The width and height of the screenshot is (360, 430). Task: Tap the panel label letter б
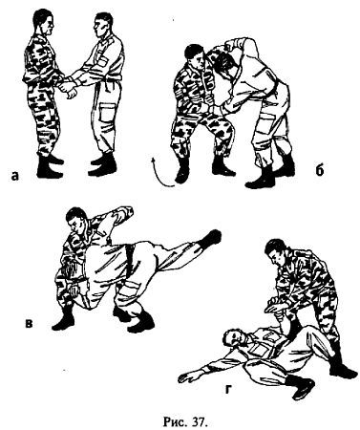click(x=320, y=170)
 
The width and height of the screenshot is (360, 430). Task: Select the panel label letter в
click(x=29, y=323)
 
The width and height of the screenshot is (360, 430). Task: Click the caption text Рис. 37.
click(x=185, y=421)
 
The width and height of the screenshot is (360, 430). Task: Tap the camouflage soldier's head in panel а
click(x=44, y=22)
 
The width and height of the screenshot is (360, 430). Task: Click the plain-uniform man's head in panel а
click(x=103, y=24)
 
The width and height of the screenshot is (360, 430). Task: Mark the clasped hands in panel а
click(x=69, y=86)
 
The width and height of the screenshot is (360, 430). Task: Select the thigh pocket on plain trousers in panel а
click(x=107, y=113)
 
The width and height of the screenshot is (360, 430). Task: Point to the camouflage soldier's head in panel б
click(x=194, y=56)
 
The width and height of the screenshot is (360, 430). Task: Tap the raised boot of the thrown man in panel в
click(x=213, y=238)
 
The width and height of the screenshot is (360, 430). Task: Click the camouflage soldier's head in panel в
click(x=76, y=220)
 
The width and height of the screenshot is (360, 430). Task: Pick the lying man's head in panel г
click(x=233, y=338)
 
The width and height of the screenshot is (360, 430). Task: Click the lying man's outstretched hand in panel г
click(x=187, y=378)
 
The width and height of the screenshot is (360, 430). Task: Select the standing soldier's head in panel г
click(x=276, y=252)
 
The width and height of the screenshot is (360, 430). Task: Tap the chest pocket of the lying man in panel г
click(x=261, y=350)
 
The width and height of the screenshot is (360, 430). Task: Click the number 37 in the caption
click(x=200, y=421)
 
